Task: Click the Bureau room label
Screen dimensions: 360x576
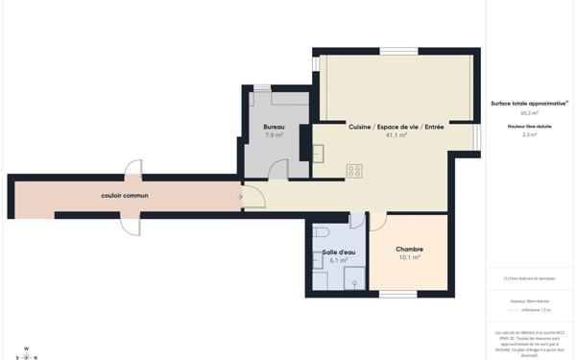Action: point(274,127)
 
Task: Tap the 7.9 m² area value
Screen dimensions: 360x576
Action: point(274,135)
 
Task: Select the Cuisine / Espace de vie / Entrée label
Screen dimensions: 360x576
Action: point(396,127)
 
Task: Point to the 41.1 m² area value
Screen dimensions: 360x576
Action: point(396,135)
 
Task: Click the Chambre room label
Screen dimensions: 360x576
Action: point(409,249)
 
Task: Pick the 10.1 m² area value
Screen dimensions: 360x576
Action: point(409,257)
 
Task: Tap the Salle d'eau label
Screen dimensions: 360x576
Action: point(338,252)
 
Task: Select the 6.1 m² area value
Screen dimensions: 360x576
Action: point(338,260)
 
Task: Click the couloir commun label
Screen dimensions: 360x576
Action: point(125,196)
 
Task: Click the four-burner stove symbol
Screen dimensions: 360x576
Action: point(354,171)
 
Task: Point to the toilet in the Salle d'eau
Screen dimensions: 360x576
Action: point(321,232)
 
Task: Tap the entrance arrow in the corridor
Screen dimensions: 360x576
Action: point(238,197)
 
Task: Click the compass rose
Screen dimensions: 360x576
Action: point(26,353)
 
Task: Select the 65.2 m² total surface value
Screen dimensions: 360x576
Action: point(529,112)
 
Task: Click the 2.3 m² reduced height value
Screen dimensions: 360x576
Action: point(529,135)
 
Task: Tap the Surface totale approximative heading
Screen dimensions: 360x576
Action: point(529,103)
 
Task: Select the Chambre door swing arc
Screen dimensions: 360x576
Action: point(378,223)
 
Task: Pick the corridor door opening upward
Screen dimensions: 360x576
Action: point(132,167)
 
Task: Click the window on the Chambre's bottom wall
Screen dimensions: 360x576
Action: point(398,294)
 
